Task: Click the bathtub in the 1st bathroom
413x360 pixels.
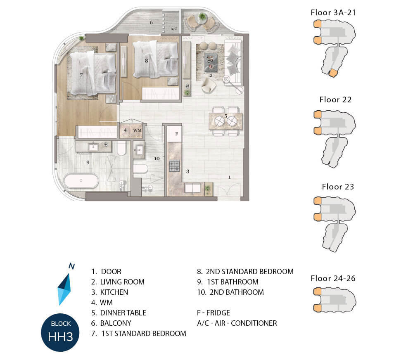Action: [81, 181]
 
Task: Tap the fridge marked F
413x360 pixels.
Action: [174, 134]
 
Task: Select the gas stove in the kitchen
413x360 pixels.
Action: [174, 166]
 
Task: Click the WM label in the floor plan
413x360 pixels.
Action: [137, 130]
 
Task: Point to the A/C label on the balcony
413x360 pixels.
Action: [174, 28]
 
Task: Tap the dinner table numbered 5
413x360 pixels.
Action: [225, 121]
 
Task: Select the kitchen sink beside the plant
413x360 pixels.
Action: [193, 188]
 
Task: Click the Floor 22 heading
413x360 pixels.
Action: [335, 99]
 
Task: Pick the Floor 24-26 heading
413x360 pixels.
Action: [333, 278]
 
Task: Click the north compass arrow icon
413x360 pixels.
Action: [64, 289]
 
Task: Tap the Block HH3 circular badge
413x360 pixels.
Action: [60, 332]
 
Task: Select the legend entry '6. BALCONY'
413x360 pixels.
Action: [111, 323]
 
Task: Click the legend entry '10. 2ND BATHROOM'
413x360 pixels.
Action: [230, 292]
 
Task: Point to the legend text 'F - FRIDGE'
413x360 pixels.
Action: [214, 313]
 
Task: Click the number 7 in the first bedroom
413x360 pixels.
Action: [81, 75]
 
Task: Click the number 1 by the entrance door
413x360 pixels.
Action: [229, 177]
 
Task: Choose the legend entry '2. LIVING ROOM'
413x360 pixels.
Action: [118, 282]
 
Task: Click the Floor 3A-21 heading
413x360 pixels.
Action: [333, 12]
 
